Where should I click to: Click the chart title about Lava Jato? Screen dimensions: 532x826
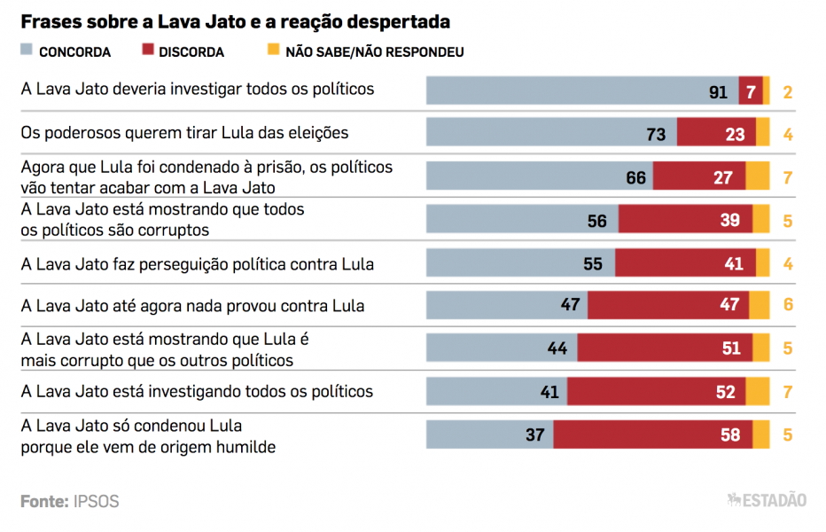tap(235, 20)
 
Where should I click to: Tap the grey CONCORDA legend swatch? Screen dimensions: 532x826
tap(27, 51)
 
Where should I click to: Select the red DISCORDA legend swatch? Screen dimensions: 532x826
tap(146, 51)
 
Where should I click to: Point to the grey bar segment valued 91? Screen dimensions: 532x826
tap(582, 90)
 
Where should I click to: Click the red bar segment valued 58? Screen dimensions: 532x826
tap(653, 435)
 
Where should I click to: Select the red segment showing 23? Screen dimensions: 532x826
tap(716, 134)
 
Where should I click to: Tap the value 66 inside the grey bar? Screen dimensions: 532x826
tap(635, 177)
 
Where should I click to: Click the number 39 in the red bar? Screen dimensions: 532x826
tap(729, 220)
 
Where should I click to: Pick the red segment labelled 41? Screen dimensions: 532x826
tap(685, 263)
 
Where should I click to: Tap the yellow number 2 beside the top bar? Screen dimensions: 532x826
tap(787, 92)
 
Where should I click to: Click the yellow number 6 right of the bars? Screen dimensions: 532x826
tap(787, 306)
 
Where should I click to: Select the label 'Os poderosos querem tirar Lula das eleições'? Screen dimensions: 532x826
tap(184, 133)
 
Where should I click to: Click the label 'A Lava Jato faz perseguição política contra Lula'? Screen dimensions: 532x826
tap(197, 263)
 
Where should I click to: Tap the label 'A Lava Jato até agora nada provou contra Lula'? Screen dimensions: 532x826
tap(192, 306)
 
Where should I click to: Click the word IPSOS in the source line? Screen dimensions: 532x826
tap(96, 502)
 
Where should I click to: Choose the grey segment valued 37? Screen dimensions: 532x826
tap(490, 435)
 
